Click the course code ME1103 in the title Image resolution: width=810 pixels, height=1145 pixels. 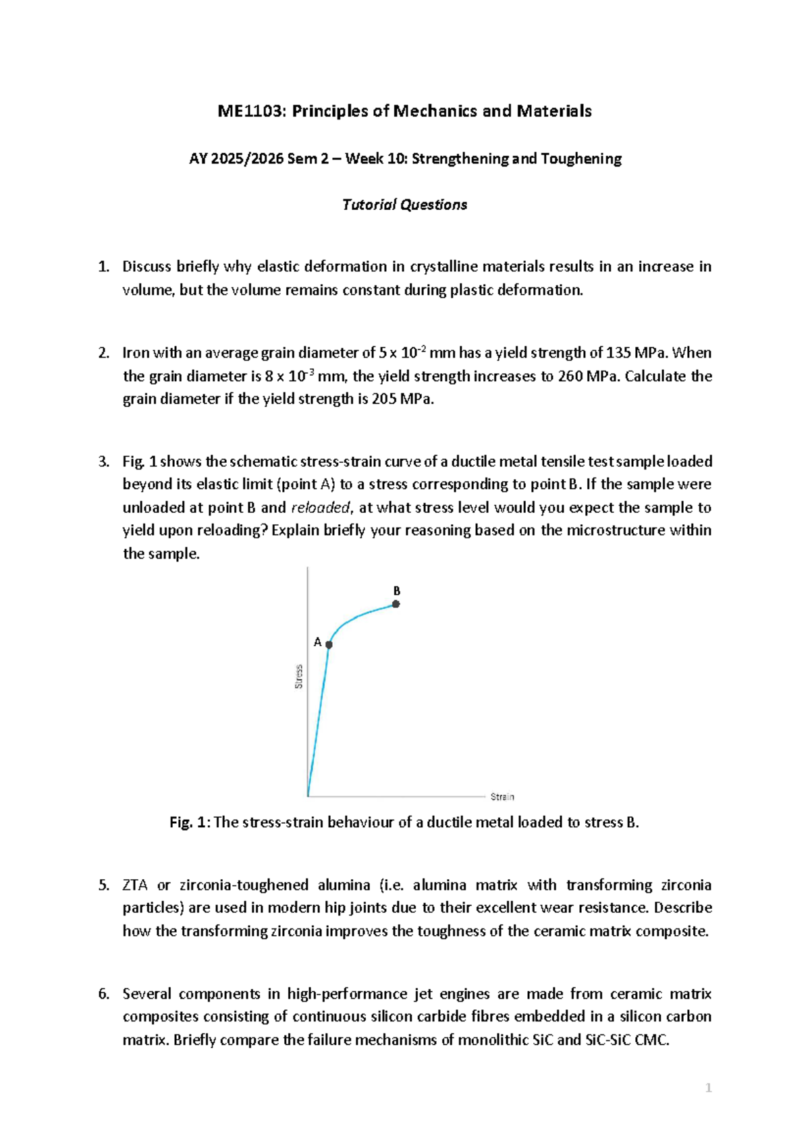coord(248,111)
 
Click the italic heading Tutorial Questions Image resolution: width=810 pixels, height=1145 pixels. coord(404,205)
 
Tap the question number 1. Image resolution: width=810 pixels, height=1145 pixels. coord(103,267)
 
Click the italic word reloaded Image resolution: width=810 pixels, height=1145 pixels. coord(320,508)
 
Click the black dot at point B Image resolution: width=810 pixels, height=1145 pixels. coord(396,604)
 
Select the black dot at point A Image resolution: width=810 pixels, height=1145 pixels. coord(329,644)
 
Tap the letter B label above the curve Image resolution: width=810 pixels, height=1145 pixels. coord(397,591)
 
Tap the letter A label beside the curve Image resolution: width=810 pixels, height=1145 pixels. coord(317,642)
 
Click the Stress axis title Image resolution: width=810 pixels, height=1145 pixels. coord(299,677)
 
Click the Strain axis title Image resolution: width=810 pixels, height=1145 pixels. coord(502,797)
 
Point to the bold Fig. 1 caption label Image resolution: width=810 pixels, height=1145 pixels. coord(190,822)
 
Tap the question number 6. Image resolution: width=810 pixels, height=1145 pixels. coord(103,994)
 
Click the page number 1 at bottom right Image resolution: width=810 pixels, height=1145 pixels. coord(708,1088)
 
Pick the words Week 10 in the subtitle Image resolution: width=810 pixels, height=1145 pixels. coord(385,159)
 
